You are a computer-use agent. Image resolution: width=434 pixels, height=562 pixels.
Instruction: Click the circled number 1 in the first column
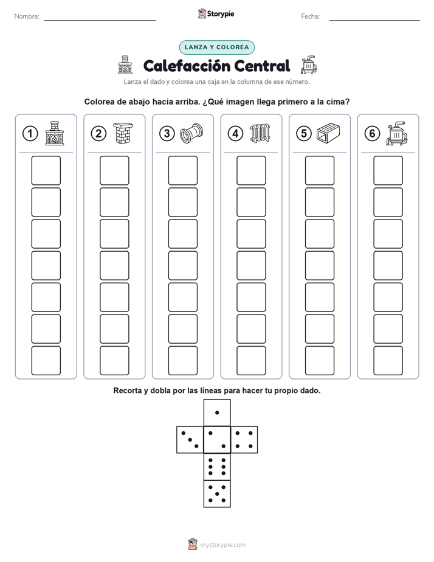click(x=30, y=134)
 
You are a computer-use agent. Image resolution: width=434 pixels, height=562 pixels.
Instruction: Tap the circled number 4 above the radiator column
click(x=235, y=134)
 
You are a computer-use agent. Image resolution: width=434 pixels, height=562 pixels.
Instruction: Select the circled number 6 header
click(x=372, y=134)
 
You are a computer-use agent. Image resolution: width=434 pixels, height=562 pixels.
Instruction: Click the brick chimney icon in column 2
click(x=123, y=133)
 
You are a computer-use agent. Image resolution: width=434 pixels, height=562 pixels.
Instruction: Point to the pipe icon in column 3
click(x=191, y=133)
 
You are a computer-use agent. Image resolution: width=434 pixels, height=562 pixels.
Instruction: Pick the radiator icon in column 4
click(x=260, y=133)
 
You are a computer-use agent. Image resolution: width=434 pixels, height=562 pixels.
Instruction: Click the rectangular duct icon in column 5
click(x=328, y=133)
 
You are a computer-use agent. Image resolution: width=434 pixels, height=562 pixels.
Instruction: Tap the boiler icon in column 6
click(x=397, y=133)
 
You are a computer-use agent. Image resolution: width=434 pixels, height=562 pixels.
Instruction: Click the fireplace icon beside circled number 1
click(x=55, y=133)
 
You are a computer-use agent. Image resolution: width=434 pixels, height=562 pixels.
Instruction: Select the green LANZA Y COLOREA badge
click(x=216, y=47)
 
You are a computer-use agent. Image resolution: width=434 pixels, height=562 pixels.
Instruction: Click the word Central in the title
click(x=262, y=66)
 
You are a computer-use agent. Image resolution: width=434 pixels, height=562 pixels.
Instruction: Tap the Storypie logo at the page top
click(x=216, y=13)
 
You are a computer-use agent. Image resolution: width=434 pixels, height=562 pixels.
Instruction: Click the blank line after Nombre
click(x=100, y=20)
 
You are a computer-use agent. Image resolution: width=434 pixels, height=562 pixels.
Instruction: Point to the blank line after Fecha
click(x=374, y=20)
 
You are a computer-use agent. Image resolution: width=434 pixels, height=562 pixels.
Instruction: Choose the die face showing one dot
click(x=217, y=412)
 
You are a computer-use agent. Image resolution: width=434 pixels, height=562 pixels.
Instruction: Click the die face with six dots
click(x=217, y=467)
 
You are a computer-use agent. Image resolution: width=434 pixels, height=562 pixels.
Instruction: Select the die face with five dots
click(x=217, y=493)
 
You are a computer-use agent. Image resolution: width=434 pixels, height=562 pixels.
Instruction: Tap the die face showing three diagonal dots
click(x=190, y=439)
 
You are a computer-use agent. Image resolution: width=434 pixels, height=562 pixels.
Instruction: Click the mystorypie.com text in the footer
click(x=222, y=545)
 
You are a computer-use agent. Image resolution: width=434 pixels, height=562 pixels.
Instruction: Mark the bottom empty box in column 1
click(x=46, y=361)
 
